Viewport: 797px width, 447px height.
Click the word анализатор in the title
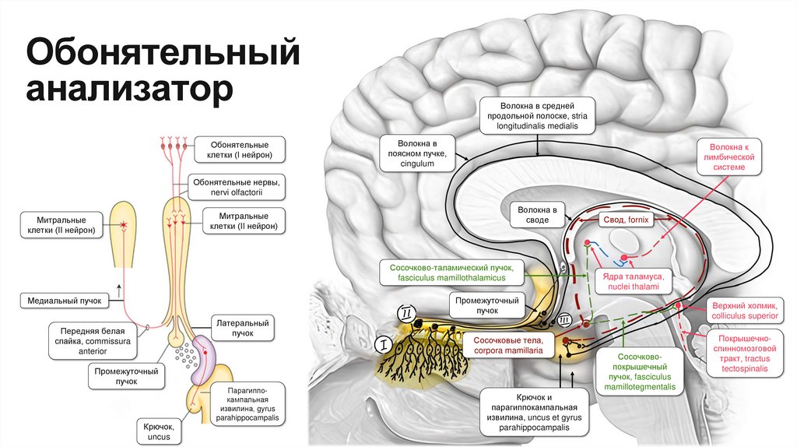[129, 89]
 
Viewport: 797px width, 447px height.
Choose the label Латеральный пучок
[243, 327]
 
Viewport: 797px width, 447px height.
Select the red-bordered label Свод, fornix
[626, 220]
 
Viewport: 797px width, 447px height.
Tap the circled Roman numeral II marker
[407, 313]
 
